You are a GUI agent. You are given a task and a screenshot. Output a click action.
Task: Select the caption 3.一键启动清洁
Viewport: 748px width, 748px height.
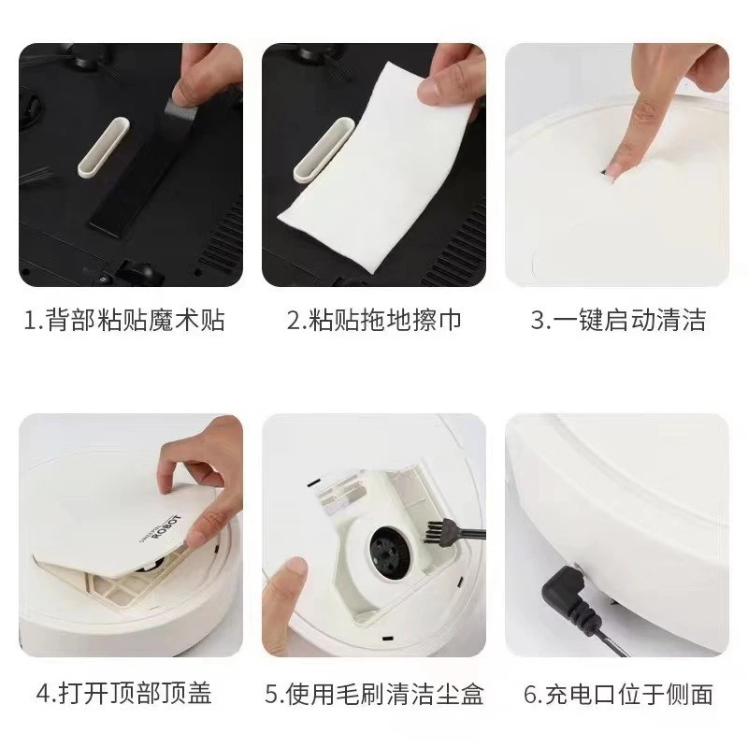[x=618, y=321]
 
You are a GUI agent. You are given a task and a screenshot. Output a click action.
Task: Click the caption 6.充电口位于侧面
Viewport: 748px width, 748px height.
[x=618, y=693]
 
